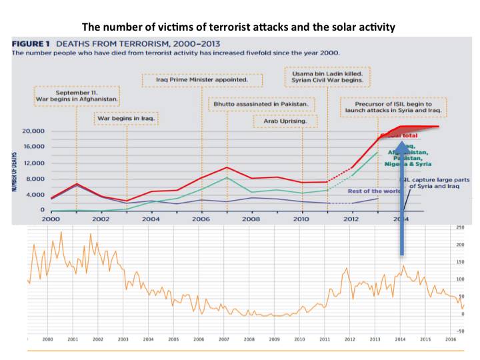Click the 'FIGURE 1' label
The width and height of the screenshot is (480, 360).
pos(33,43)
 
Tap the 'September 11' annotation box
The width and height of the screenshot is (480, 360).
pos(77,95)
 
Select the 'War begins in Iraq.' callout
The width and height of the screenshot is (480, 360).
pos(129,120)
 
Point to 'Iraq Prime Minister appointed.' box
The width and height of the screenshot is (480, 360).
pos(201,79)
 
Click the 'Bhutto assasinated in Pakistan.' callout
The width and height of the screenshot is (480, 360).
pos(261,104)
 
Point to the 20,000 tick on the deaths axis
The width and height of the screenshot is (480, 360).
pos(31,131)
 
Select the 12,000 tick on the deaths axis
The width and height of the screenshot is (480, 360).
pos(31,163)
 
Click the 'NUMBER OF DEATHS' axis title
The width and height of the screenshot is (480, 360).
pos(13,171)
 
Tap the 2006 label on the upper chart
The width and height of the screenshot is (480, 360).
pos(201,219)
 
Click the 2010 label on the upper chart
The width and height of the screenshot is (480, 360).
pos(302,219)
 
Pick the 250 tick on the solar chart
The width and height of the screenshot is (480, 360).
pos(460,228)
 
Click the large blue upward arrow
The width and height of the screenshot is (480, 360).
pos(401,200)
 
